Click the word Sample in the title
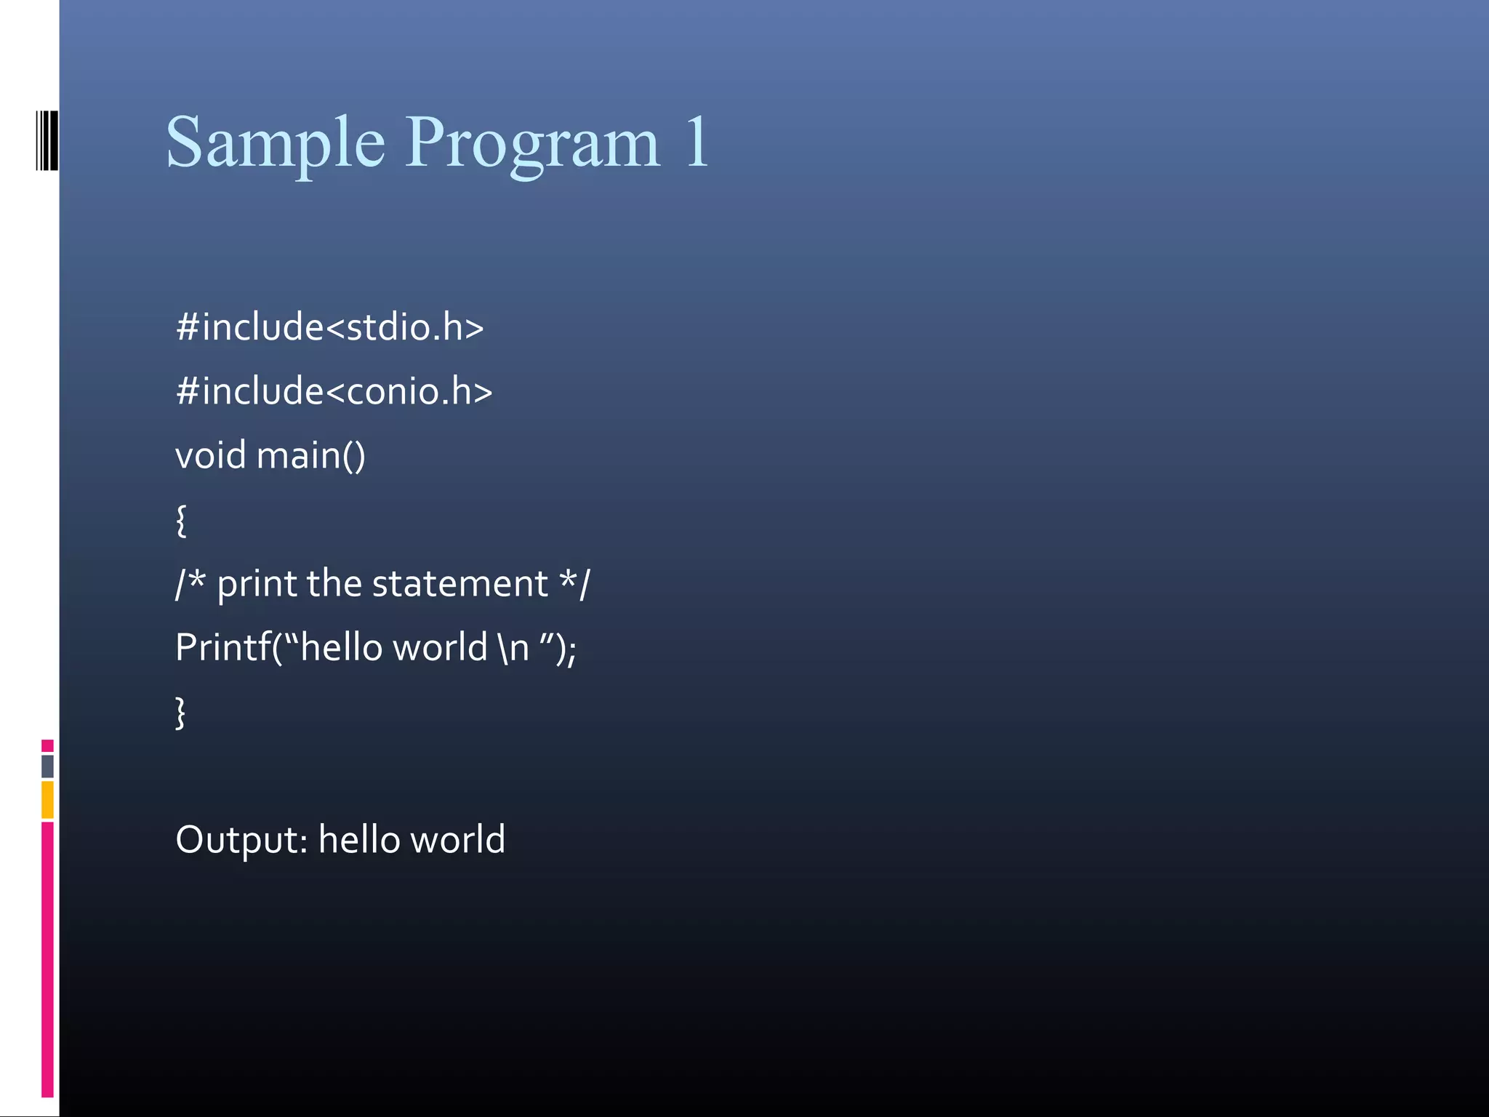point(275,143)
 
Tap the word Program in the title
point(532,143)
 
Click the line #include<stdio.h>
point(329,327)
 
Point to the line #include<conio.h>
point(334,391)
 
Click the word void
point(210,456)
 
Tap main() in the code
point(310,456)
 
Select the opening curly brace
point(181,521)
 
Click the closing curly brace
point(181,713)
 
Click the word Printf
point(222,647)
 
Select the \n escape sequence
point(514,647)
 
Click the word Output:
point(241,840)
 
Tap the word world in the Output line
point(457,839)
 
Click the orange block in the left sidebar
point(47,800)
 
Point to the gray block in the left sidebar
point(47,766)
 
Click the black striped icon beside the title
point(47,140)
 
